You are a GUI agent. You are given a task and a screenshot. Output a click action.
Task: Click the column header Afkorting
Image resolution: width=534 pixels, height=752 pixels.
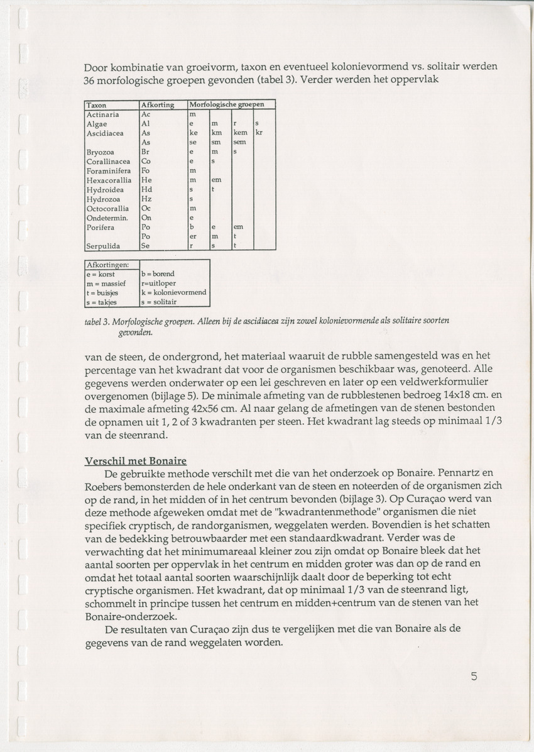click(157, 105)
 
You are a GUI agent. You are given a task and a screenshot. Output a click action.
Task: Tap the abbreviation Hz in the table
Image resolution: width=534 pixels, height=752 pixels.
click(146, 199)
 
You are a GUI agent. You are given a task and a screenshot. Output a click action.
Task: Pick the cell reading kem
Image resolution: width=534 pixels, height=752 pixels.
click(240, 133)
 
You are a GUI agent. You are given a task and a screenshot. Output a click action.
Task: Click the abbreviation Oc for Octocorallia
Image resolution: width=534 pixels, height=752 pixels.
click(145, 208)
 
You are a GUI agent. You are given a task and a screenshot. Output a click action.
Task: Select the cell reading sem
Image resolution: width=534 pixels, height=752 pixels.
click(239, 143)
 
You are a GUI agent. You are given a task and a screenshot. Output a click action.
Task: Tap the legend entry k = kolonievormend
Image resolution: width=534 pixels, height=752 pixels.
click(174, 292)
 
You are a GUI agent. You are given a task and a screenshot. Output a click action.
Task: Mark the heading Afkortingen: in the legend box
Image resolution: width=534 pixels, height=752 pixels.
click(107, 265)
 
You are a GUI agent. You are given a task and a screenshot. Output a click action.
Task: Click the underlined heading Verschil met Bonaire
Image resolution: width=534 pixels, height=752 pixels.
click(136, 461)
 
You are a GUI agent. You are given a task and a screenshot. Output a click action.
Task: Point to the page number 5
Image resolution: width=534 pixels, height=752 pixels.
click(474, 677)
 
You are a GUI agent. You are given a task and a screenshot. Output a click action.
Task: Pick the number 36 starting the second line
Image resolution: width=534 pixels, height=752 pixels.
click(90, 81)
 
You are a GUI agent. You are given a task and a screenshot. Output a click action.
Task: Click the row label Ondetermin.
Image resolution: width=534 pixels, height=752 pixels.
click(107, 218)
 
